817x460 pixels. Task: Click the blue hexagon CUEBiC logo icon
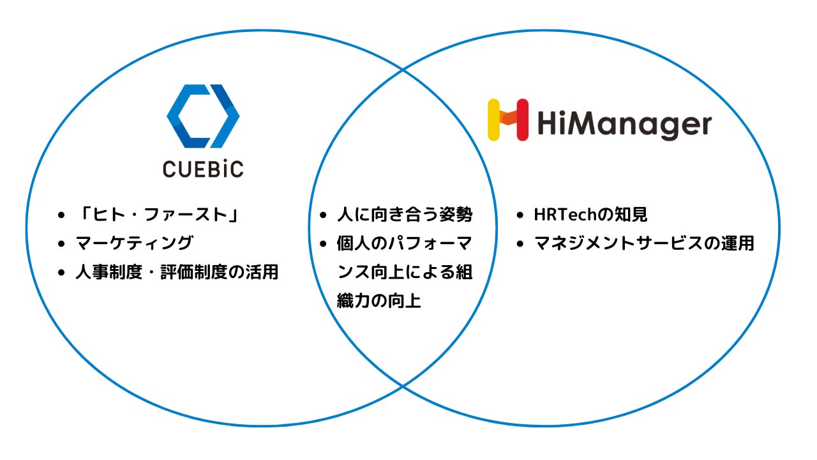(x=203, y=116)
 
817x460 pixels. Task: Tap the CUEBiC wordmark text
(x=203, y=169)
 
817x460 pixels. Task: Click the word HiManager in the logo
(x=624, y=123)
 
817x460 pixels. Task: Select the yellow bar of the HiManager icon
(x=493, y=119)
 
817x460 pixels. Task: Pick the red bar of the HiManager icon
(x=521, y=119)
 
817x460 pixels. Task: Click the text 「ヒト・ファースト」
(x=157, y=215)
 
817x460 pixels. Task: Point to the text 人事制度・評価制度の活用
(x=177, y=272)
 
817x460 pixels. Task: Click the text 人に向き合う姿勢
(x=405, y=215)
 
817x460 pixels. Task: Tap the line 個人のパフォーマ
(x=405, y=243)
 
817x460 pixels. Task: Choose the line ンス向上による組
(x=405, y=272)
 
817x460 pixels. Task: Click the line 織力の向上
(x=379, y=301)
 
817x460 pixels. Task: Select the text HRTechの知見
(x=590, y=215)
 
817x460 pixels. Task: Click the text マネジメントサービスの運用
(x=644, y=243)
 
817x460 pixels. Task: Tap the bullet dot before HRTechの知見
(x=520, y=215)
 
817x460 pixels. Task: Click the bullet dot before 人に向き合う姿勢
(x=323, y=215)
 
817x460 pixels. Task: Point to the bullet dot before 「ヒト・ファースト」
(x=61, y=215)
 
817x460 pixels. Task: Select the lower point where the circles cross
(x=403, y=387)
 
